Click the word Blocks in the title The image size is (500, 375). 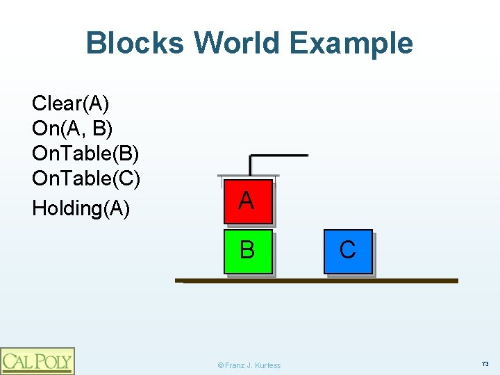click(x=135, y=43)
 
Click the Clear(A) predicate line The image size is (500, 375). click(x=70, y=104)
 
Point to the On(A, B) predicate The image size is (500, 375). click(x=72, y=128)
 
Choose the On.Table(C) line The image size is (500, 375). click(x=86, y=178)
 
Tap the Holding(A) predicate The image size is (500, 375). click(x=81, y=208)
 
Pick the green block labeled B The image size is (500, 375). click(x=249, y=252)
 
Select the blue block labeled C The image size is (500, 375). click(x=349, y=252)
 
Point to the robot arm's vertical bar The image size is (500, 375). click(x=251, y=165)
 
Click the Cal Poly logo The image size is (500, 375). click(x=37, y=360)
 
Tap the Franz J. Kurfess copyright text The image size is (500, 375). click(x=249, y=365)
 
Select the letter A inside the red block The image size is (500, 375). click(x=246, y=201)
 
